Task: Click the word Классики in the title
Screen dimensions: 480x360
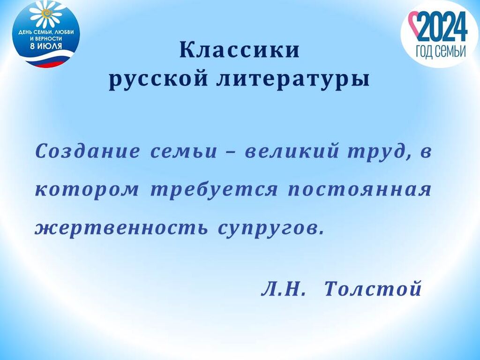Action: tap(240, 50)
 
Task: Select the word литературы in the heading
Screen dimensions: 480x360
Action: tap(293, 80)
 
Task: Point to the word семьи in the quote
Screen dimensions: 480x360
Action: tap(184, 151)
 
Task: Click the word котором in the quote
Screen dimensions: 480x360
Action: tap(87, 190)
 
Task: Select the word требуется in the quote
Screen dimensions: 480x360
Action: tap(214, 190)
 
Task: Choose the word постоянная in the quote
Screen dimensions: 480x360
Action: tap(360, 190)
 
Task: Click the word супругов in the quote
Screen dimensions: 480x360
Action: tap(270, 229)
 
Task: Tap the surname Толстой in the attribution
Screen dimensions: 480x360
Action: tap(373, 288)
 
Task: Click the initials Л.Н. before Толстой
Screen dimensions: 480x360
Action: tap(284, 288)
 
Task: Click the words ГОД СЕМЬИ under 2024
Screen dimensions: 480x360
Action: tap(441, 52)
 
